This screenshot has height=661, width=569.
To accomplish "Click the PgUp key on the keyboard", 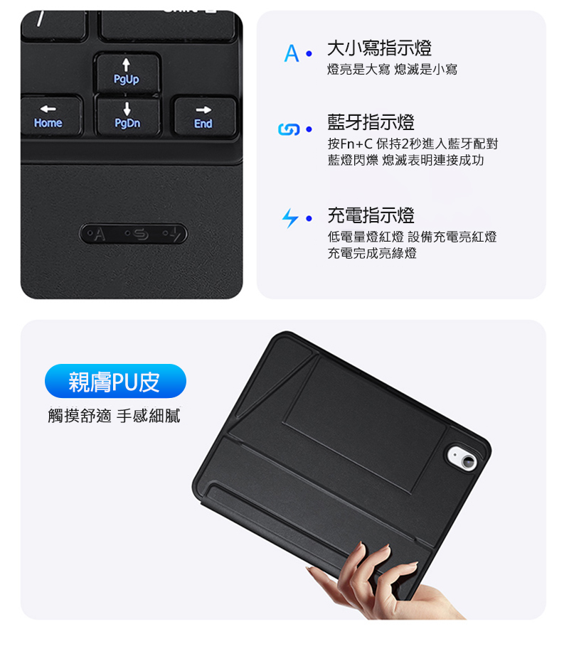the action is click(x=127, y=72).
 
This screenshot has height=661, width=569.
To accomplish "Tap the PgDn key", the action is click(x=127, y=116).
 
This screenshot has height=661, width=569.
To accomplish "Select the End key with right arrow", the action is click(x=204, y=117).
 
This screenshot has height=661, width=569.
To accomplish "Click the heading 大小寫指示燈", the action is click(x=379, y=48).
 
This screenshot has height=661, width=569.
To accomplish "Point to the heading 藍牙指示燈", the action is click(x=371, y=122).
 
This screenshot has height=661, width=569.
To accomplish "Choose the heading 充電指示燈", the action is click(x=371, y=215).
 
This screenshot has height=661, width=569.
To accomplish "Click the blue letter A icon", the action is click(x=292, y=53).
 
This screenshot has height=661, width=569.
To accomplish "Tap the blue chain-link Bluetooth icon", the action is click(x=289, y=129).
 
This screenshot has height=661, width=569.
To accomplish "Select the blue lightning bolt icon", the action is click(x=290, y=218).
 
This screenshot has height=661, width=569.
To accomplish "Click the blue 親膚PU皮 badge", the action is click(x=115, y=381).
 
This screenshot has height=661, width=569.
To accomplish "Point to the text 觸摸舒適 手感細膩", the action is click(x=114, y=416).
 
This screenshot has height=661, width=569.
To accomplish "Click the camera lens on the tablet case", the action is click(x=468, y=463).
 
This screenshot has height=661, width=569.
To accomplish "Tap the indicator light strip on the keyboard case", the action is click(x=133, y=234).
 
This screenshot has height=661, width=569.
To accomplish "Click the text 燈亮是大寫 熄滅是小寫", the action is click(x=392, y=69).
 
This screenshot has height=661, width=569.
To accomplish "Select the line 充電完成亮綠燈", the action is click(x=372, y=253).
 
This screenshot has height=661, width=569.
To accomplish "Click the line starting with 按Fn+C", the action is click(x=413, y=144).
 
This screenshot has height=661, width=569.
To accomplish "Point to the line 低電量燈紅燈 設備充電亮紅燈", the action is click(x=412, y=237).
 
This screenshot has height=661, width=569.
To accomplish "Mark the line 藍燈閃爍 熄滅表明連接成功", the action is click(x=405, y=160).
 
